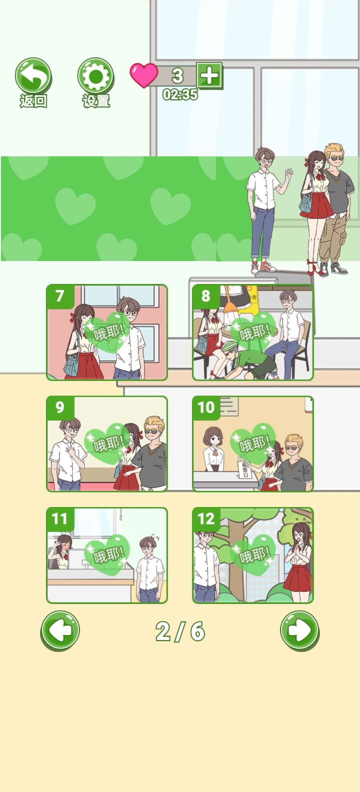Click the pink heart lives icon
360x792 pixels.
tap(143, 75)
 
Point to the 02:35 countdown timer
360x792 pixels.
tap(180, 94)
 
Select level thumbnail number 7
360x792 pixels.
tap(107, 332)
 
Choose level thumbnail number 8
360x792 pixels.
tap(253, 332)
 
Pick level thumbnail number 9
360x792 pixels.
tap(107, 443)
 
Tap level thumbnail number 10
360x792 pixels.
tap(253, 443)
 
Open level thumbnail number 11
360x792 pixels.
tap(107, 555)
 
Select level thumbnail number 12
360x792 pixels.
tap(253, 555)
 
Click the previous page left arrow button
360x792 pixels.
tap(60, 631)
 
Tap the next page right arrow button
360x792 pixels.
tap(300, 631)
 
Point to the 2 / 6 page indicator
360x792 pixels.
tap(180, 631)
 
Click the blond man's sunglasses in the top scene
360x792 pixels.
tap(335, 158)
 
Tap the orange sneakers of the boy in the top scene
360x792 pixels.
tap(263, 267)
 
